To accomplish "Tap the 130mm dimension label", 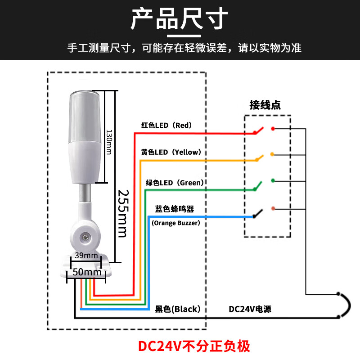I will coord(108,142).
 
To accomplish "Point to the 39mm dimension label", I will coord(86,256).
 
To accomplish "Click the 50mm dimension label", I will coord(86,272).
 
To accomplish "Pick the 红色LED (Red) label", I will coord(166,126).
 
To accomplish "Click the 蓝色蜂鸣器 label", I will coord(174,209).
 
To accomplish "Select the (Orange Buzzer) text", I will coord(175,223).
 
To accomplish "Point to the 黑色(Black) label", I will coord(177,309).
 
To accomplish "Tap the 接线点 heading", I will coord(265,105).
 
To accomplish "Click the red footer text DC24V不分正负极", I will coord(193,346).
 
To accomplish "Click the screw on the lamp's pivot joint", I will coord(84,235).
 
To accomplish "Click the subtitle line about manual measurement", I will coord(184,48).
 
